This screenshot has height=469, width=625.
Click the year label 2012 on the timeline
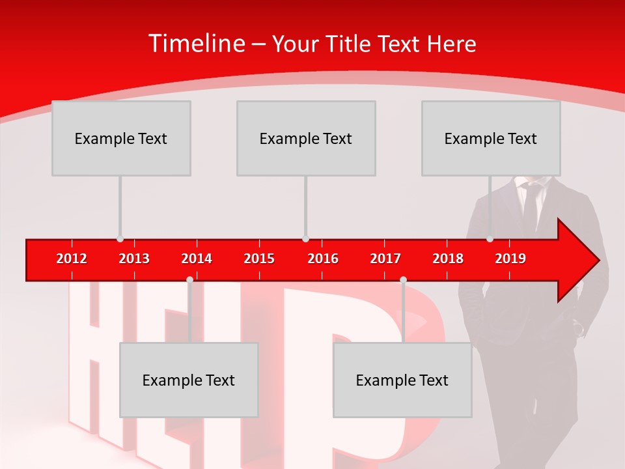(72, 259)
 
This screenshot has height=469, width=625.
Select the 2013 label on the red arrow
(134, 259)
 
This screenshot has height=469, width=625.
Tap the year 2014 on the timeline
(197, 259)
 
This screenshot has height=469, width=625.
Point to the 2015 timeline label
(259, 259)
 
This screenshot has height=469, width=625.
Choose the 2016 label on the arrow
(323, 259)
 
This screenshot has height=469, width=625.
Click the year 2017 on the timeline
(385, 259)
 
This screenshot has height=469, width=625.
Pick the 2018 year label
(448, 259)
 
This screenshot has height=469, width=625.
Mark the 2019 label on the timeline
(510, 259)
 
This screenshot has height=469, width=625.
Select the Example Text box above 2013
(121, 138)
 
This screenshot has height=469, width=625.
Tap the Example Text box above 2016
(306, 138)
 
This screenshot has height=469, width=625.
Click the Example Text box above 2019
(491, 138)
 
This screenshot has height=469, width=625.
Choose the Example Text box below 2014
(189, 380)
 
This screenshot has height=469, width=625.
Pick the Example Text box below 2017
(402, 380)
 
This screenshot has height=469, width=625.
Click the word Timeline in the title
(196, 44)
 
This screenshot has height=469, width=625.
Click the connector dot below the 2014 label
(189, 280)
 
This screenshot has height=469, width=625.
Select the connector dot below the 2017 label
(403, 280)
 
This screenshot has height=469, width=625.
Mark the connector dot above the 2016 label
(305, 239)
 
